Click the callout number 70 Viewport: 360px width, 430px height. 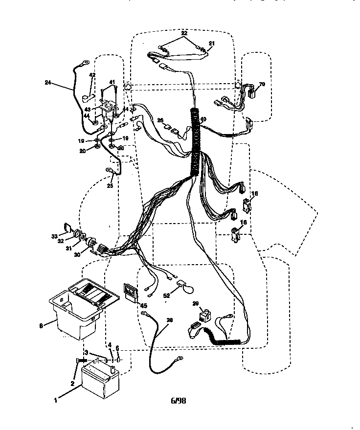(x=262, y=84)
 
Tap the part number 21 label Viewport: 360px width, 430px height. (x=211, y=43)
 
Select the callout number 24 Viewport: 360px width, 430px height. (x=47, y=83)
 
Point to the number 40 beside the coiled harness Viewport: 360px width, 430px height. (x=203, y=119)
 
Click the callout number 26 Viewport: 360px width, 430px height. (x=160, y=120)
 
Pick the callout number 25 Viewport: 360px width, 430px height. (x=110, y=186)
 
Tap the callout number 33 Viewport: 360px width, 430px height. (x=54, y=236)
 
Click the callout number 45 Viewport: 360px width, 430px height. (x=144, y=306)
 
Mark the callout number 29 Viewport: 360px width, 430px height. (x=196, y=304)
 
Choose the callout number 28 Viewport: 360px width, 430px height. (x=169, y=321)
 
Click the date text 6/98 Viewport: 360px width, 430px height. (x=179, y=401)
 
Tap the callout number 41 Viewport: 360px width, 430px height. (x=112, y=82)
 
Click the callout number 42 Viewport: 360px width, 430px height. (x=92, y=75)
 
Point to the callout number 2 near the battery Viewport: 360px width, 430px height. (x=72, y=384)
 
